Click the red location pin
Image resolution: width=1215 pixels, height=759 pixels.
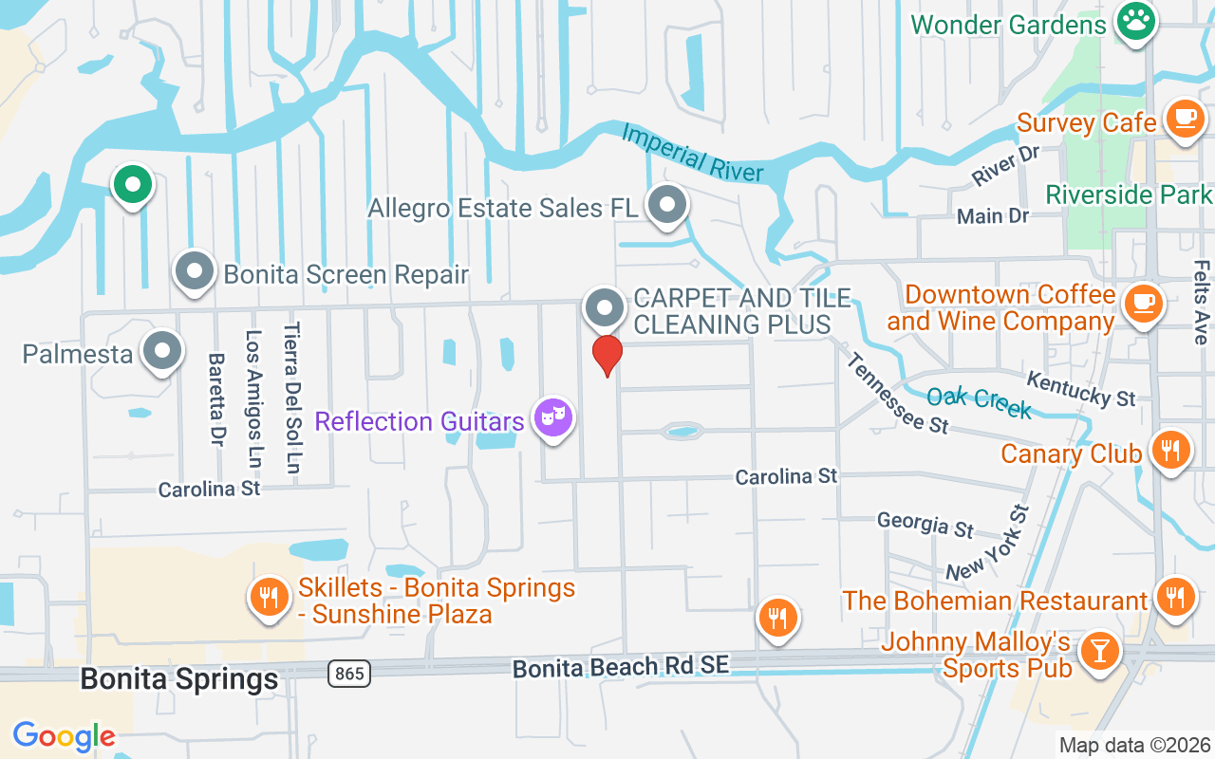(x=607, y=355)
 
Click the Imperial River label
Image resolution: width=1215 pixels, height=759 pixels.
(x=692, y=153)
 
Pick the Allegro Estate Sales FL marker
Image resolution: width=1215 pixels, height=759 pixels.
(x=667, y=204)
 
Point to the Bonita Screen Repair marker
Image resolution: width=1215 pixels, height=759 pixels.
(x=196, y=271)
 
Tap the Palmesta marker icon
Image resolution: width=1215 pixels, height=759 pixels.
(x=162, y=350)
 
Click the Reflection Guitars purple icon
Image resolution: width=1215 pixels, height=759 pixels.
(x=552, y=417)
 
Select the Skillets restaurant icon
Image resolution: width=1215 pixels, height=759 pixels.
(x=270, y=597)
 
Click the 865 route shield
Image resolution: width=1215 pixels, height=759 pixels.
(x=349, y=674)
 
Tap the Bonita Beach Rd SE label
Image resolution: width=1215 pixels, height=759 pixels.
(x=621, y=667)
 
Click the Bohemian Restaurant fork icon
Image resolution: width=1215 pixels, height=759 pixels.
(x=1175, y=597)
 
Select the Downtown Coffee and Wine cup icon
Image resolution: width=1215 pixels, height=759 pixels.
(x=1143, y=303)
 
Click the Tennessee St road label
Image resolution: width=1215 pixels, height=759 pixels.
(x=896, y=393)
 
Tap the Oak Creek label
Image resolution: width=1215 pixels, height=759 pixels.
(x=979, y=402)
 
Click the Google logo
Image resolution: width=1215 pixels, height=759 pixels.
(x=65, y=735)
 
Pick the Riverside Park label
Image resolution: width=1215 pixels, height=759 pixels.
(x=1129, y=194)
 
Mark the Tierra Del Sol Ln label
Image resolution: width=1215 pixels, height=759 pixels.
(x=292, y=398)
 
